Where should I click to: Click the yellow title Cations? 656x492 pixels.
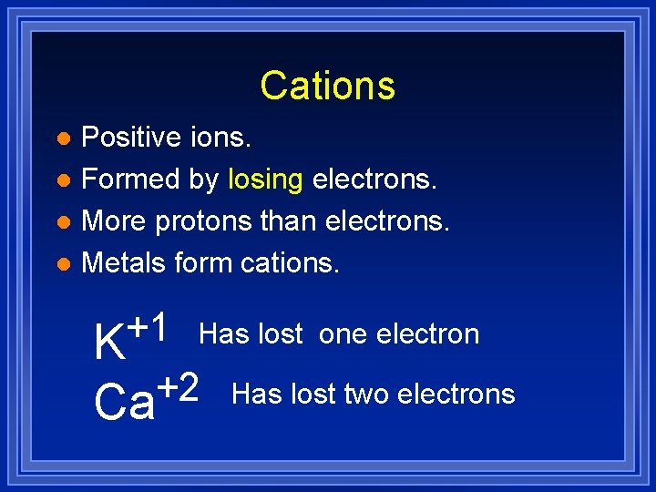pos(327,86)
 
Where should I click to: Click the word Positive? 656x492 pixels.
pos(131,138)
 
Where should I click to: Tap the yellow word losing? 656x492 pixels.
pos(265,179)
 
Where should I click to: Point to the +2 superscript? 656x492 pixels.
pos(179,388)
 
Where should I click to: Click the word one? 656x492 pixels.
pos(343,334)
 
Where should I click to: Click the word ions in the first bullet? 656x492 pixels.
pos(221,138)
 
